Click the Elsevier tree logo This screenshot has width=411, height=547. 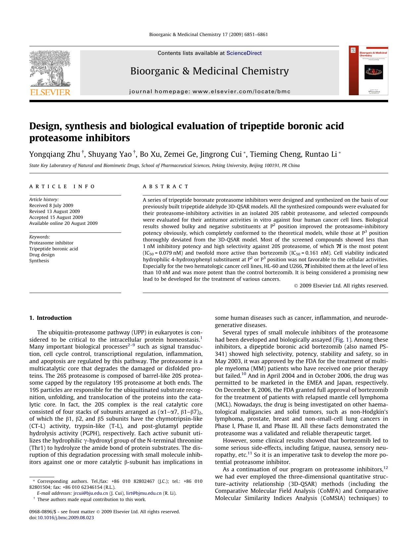(50, 68)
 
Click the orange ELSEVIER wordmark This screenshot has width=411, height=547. (50, 92)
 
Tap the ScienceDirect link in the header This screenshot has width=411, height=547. (244, 53)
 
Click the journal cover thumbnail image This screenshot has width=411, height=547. (368, 71)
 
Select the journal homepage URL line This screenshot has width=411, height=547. (210, 92)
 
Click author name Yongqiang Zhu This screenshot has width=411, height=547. (55, 154)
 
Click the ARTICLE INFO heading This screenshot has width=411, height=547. (62, 187)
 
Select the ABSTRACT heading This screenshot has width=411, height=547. (166, 187)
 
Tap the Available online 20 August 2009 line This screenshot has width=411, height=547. (63, 223)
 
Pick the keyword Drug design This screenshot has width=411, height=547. (42, 255)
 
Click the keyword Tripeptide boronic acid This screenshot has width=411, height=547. (53, 249)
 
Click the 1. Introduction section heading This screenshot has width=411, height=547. (50, 318)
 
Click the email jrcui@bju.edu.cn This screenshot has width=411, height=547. (90, 493)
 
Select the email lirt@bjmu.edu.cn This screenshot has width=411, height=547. (144, 493)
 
